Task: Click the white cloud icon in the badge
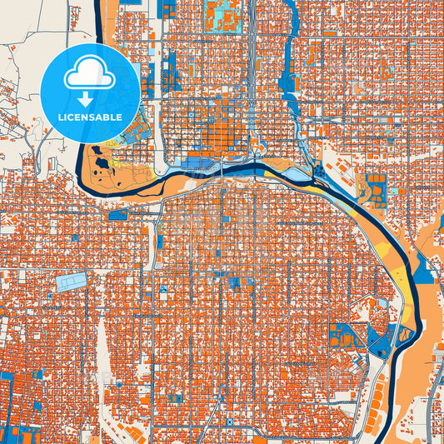(x=90, y=75)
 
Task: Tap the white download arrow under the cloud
(x=90, y=99)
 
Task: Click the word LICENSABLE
(x=90, y=117)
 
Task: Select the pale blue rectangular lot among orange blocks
(x=71, y=282)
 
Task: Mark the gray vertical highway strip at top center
(x=251, y=50)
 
